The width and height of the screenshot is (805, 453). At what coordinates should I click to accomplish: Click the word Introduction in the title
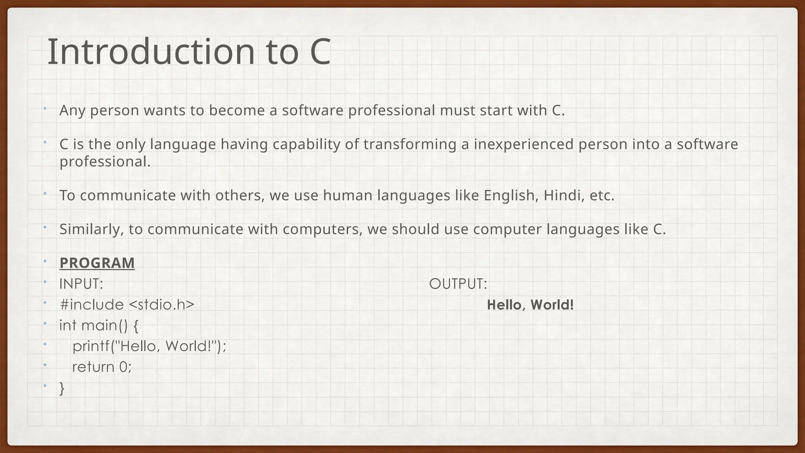(x=151, y=52)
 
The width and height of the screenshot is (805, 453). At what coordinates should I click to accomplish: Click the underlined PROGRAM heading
(x=97, y=263)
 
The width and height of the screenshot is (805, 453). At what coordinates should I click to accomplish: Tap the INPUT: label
(x=81, y=284)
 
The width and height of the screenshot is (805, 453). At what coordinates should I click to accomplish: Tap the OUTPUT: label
(x=458, y=284)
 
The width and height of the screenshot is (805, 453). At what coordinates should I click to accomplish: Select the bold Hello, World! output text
(x=530, y=305)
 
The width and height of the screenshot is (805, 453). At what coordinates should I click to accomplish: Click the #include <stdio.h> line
(x=127, y=305)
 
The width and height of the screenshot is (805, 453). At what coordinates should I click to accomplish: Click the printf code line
(x=149, y=346)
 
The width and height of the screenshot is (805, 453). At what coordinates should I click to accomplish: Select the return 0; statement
(x=102, y=367)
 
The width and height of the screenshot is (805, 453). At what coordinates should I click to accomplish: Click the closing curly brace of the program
(x=62, y=388)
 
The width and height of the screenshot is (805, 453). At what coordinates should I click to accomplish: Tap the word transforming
(x=410, y=144)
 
